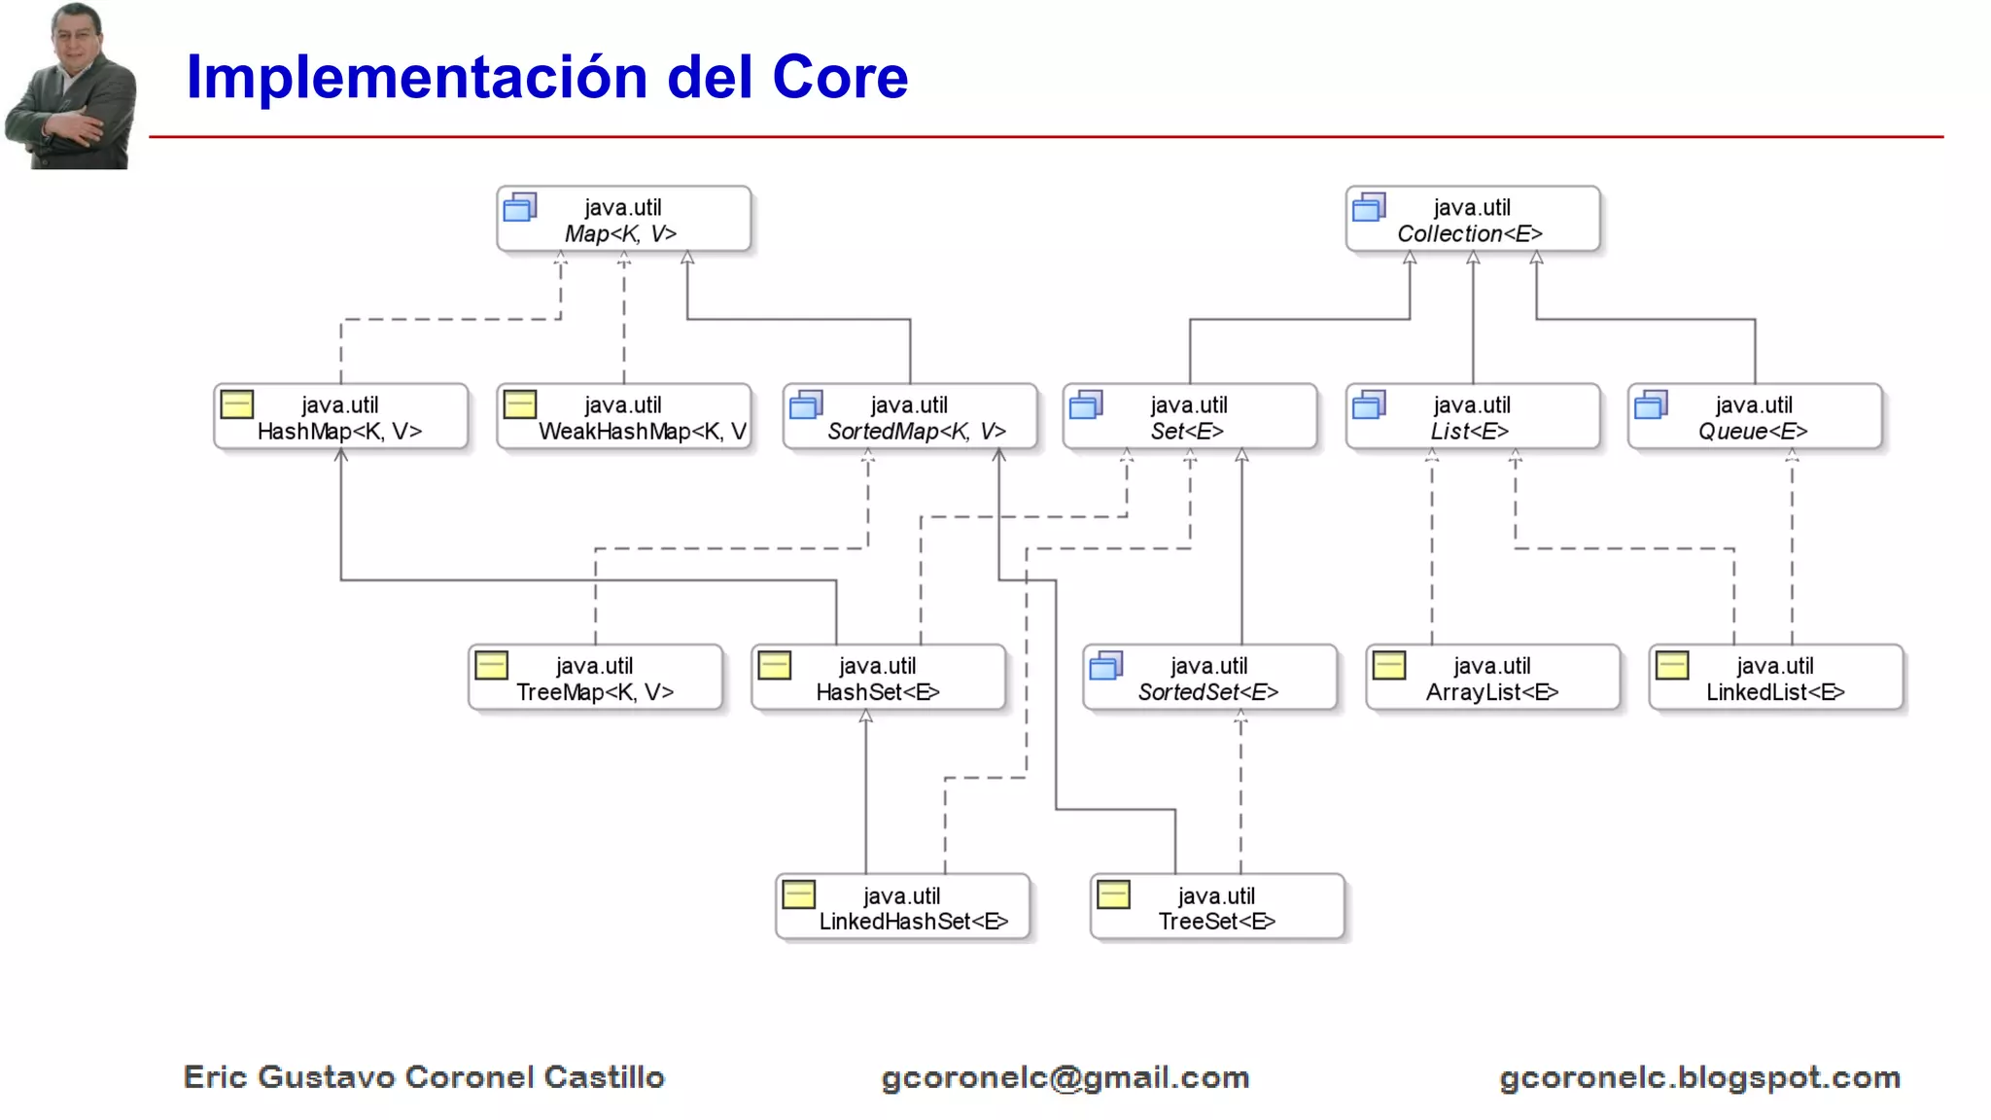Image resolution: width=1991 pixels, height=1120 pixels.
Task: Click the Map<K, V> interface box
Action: pos(623,220)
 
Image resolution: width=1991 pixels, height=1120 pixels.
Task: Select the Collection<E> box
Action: pos(1472,220)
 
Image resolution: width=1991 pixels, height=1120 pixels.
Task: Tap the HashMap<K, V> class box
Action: pos(340,417)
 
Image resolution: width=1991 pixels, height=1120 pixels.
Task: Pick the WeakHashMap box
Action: pos(623,417)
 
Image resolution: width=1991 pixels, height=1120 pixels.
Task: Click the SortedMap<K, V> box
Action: pos(910,417)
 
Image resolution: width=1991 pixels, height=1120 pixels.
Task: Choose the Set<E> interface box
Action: pos(1189,417)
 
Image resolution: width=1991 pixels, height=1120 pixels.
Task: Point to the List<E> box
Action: pos(1472,417)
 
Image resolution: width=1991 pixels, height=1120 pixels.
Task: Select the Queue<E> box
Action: pos(1754,417)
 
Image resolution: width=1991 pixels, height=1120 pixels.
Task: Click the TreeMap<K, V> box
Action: pos(595,678)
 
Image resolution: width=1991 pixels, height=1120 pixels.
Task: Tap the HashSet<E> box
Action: pos(878,678)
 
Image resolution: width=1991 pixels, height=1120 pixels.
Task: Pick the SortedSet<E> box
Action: pos(1209,678)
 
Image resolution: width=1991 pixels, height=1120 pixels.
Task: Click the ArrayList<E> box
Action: pos(1492,678)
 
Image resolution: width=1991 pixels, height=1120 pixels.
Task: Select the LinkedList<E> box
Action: pos(1775,678)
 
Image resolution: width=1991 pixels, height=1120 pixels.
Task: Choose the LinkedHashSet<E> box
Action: pos(902,907)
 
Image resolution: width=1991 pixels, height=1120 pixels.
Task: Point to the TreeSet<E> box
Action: pos(1217,907)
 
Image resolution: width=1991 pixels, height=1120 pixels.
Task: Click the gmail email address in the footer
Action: pos(1065,1077)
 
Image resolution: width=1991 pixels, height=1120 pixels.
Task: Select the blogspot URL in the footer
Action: pos(1699,1077)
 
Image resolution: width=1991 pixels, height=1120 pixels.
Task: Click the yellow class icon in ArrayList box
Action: pos(1389,666)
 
